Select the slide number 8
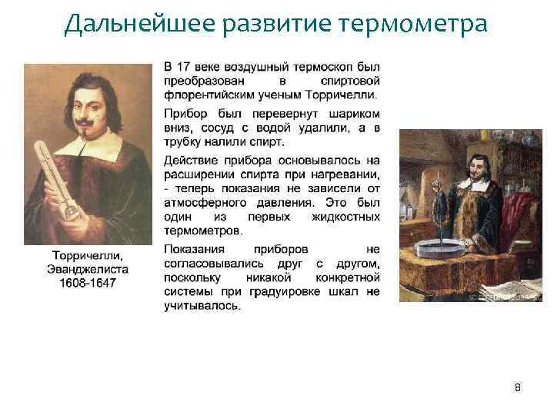518,387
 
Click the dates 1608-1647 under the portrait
87,282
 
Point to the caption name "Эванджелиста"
87,269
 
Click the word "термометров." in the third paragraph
202,231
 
